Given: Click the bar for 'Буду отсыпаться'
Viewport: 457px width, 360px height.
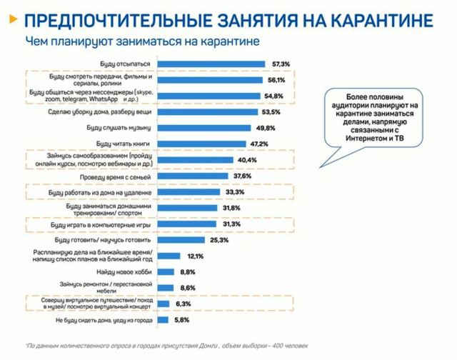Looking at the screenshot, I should tap(211, 64).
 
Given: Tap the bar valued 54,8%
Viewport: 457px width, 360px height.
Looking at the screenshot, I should tap(209, 96).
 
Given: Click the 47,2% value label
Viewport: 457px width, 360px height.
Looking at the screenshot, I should tap(258, 144).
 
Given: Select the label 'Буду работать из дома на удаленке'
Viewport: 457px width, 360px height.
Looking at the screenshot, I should tap(97, 192).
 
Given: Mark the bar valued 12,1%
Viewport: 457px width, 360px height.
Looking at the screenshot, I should tap(169, 256).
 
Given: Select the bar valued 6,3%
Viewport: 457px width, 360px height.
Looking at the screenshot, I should tap(163, 304).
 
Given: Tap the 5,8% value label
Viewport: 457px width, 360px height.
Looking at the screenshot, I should tap(183, 319).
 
